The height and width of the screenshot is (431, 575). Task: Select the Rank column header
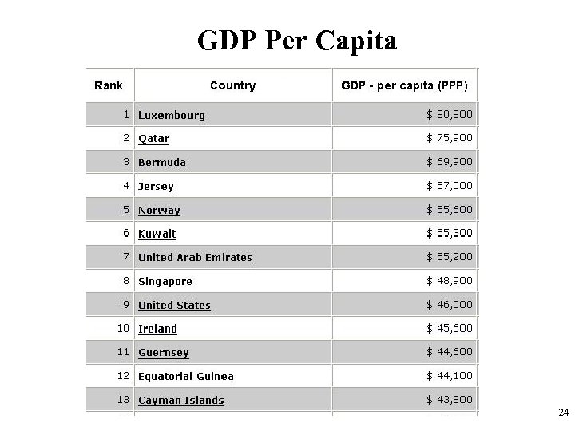tap(109, 85)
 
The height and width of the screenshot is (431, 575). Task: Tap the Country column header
tap(232, 85)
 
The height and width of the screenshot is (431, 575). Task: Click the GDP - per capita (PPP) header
tap(404, 85)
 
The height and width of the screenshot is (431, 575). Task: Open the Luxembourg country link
tap(172, 115)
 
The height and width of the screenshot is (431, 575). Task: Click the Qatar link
tap(153, 139)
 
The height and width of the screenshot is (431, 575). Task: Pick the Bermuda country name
tap(162, 163)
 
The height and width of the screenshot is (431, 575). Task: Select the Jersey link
tap(156, 187)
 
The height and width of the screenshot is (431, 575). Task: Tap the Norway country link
tap(159, 211)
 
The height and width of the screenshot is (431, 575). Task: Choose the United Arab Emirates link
tap(195, 258)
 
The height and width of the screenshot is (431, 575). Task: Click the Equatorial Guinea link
tap(186, 377)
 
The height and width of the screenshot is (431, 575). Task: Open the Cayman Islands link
tap(180, 401)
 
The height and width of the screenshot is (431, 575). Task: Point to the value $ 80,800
tap(450, 115)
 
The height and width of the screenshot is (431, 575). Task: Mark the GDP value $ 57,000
tap(450, 186)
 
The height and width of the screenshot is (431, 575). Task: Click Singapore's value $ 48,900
tap(450, 281)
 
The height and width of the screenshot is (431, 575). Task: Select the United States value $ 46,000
tap(450, 305)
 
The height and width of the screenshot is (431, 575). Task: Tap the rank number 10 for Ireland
tap(123, 329)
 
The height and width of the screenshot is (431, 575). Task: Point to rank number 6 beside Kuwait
tap(126, 234)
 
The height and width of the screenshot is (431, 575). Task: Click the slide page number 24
tap(563, 413)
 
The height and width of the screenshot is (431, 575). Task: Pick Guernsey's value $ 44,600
tap(450, 353)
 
